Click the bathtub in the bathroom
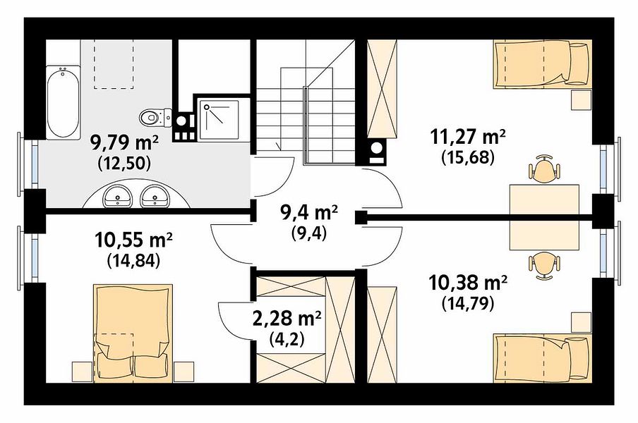click(63, 102)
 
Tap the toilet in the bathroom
click(155, 117)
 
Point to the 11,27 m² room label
click(468, 137)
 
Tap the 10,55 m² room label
click(133, 239)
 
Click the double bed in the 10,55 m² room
click(133, 333)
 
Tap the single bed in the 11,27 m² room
click(542, 64)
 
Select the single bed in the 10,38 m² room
click(542, 358)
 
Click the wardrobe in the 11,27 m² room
click(382, 90)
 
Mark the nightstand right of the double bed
click(183, 372)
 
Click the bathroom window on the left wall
click(27, 164)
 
